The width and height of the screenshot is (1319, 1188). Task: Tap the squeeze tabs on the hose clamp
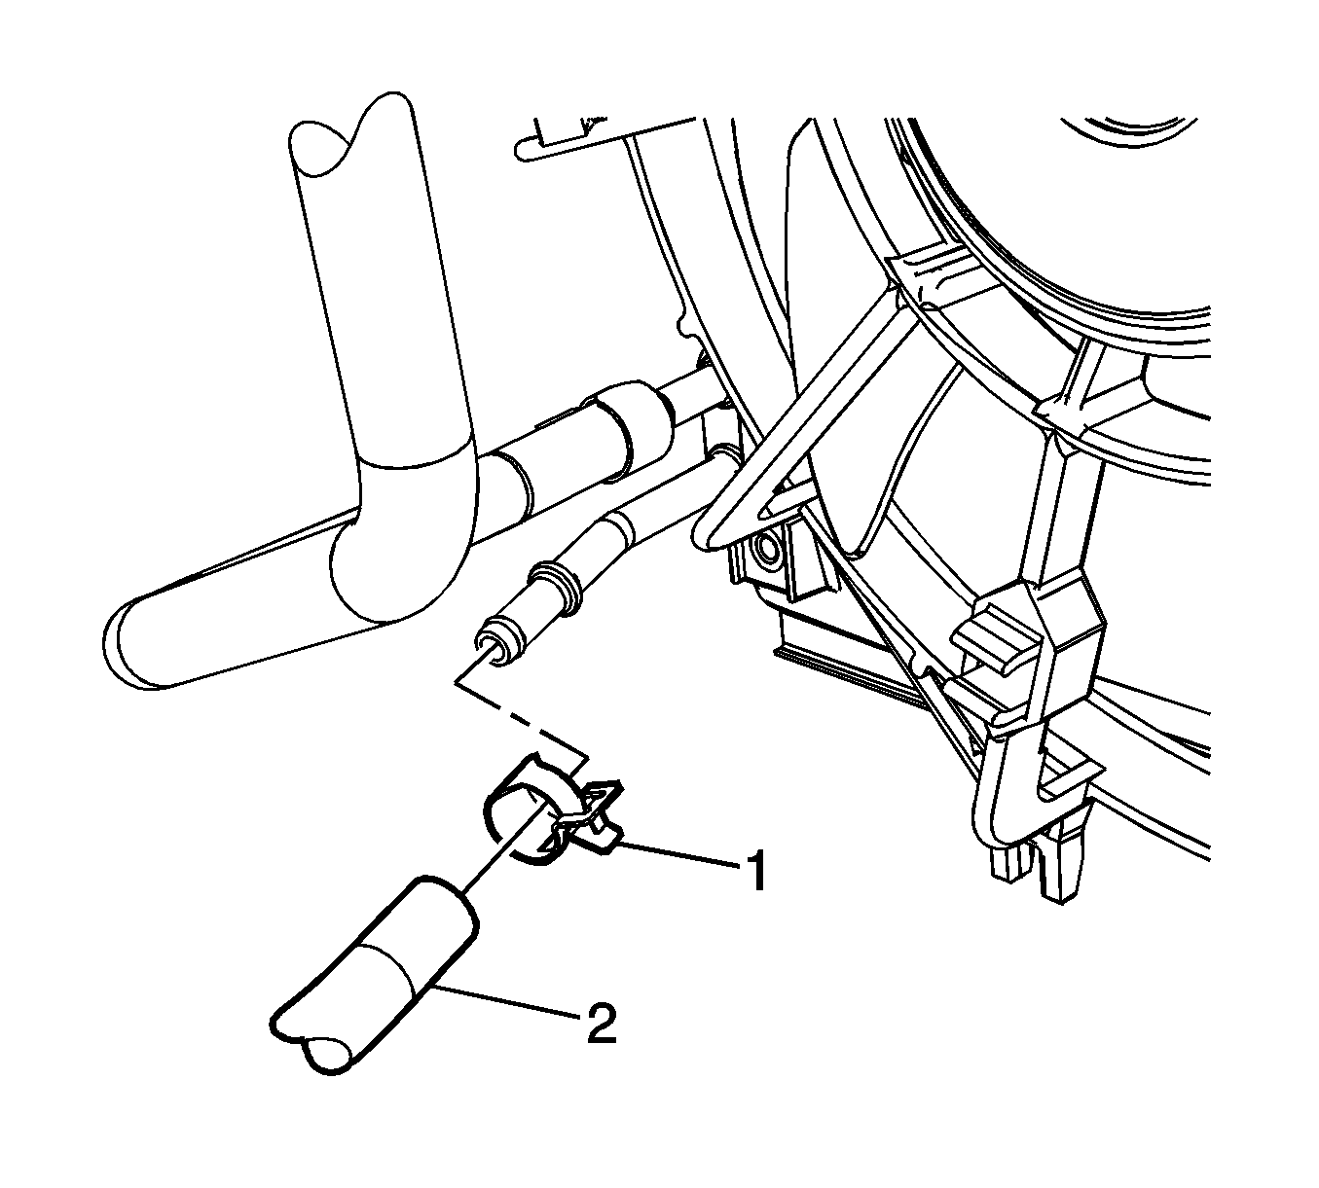pyautogui.click(x=591, y=815)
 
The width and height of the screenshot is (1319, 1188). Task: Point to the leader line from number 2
pyautogui.click(x=505, y=1001)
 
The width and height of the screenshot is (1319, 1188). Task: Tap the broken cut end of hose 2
pyautogui.click(x=314, y=1046)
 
